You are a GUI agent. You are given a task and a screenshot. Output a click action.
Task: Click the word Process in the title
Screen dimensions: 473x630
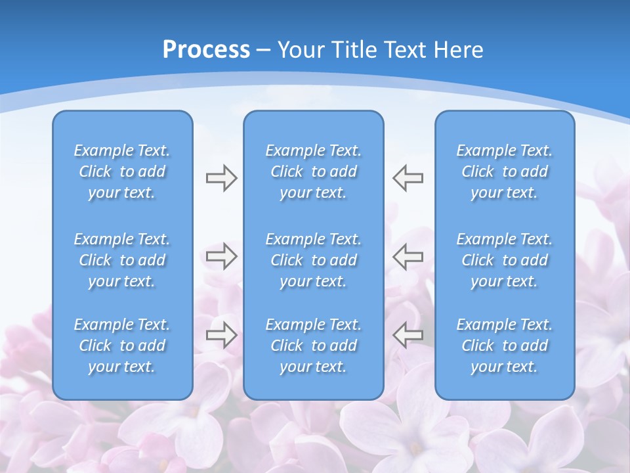pos(206,50)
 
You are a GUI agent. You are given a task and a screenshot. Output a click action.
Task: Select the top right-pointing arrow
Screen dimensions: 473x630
pos(221,178)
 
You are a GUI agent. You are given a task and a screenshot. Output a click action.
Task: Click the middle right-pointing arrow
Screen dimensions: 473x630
pos(221,256)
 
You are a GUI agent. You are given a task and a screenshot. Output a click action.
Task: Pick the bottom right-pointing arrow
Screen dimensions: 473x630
pos(221,334)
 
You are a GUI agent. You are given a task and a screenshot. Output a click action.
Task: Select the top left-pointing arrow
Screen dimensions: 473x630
pos(408,178)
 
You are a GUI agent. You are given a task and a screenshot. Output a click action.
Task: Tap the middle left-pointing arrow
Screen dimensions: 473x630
pos(408,256)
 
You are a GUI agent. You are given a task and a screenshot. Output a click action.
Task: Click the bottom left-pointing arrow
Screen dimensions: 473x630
pos(408,334)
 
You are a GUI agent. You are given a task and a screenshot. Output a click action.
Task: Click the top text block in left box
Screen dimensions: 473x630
pos(122,171)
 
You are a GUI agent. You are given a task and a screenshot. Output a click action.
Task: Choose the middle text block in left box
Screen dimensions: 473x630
pos(122,260)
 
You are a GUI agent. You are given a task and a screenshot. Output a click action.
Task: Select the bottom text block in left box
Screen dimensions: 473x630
pos(122,346)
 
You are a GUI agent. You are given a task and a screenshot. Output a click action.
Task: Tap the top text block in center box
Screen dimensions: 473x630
pos(313,171)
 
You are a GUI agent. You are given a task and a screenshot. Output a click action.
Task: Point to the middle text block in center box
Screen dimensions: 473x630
pos(313,260)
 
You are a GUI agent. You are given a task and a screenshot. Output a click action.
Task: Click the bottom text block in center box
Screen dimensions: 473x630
pos(313,346)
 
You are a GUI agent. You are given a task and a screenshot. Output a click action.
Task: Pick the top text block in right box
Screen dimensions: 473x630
pos(504,171)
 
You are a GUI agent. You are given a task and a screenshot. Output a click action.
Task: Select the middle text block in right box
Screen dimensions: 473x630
pos(504,260)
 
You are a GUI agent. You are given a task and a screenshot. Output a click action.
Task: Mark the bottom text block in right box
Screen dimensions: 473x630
pos(504,346)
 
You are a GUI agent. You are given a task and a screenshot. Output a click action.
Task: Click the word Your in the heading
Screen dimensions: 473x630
pos(299,50)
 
